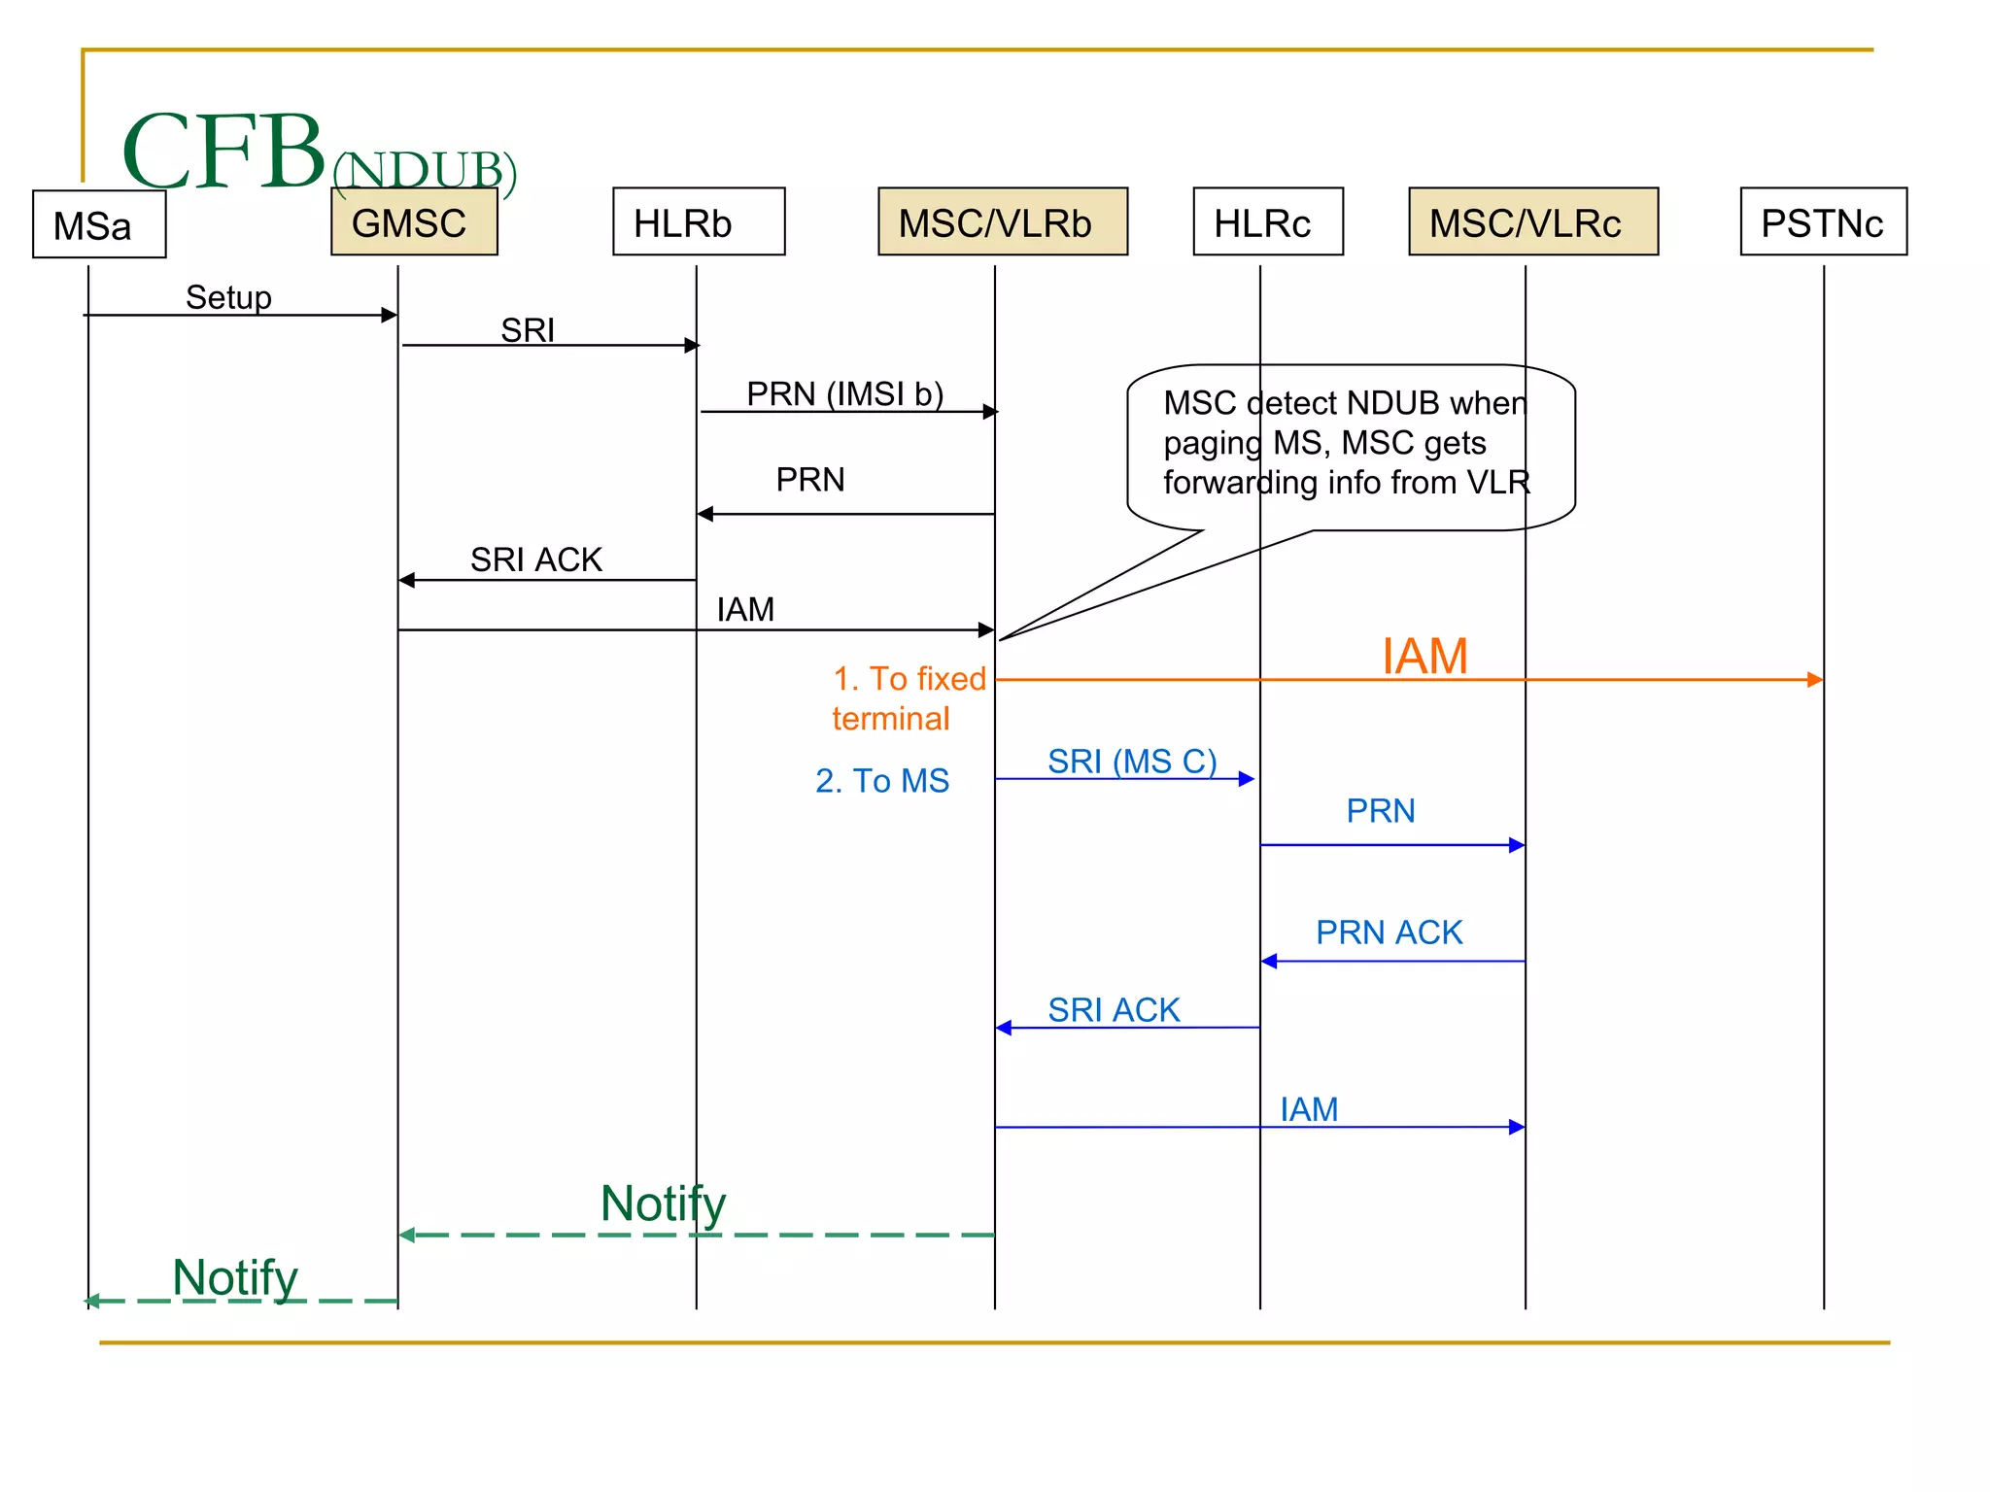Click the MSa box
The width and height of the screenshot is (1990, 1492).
(99, 224)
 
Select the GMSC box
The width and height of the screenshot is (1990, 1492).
(414, 223)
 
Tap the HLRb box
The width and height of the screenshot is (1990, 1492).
(698, 222)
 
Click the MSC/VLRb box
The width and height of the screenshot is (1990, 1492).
(1002, 222)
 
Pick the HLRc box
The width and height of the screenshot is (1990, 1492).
(1267, 222)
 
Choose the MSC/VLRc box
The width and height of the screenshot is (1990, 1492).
(1532, 222)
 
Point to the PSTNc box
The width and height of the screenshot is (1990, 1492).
(1822, 222)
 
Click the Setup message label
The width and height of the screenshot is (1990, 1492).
(228, 297)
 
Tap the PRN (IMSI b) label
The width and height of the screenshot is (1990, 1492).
(844, 393)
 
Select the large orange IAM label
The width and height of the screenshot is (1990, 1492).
(1424, 656)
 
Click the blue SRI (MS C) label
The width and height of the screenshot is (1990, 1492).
(1131, 761)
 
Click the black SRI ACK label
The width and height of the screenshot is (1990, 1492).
(535, 559)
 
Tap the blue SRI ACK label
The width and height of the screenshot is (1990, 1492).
(1113, 1009)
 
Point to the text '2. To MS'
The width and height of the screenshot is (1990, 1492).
(881, 780)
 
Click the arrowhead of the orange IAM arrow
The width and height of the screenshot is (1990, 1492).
(1814, 680)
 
